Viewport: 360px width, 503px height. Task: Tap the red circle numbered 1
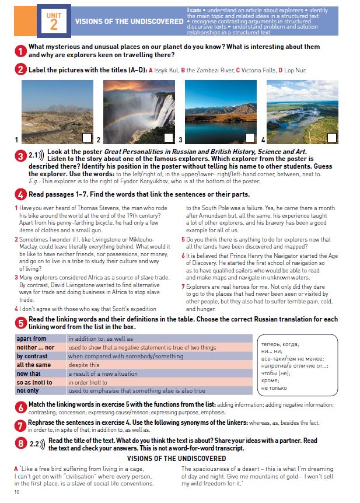pyautogui.click(x=20, y=51)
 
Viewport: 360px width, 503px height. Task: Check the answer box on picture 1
pyautogui.click(x=87, y=138)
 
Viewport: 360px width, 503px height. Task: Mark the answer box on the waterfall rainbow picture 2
pyautogui.click(x=169, y=138)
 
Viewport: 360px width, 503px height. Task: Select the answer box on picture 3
pyautogui.click(x=250, y=138)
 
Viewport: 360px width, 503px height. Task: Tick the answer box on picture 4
pyautogui.click(x=331, y=138)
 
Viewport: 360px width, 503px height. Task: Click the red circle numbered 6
pyautogui.click(x=20, y=407)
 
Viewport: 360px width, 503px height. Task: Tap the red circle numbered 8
pyautogui.click(x=20, y=443)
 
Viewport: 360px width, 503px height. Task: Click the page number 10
pyautogui.click(x=17, y=493)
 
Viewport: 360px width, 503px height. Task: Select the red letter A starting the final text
pyautogui.click(x=16, y=468)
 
